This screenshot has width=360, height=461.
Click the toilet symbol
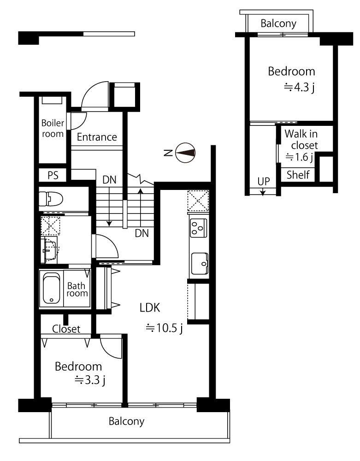51,199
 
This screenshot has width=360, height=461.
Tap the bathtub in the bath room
52,289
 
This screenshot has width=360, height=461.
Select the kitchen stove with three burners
198,228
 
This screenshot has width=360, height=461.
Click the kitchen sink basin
200,263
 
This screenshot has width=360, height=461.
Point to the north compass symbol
185,153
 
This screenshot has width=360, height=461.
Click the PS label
53,176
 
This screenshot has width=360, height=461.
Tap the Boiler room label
53,128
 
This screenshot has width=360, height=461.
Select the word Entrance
97,137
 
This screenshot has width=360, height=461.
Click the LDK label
150,308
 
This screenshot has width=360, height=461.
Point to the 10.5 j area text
165,328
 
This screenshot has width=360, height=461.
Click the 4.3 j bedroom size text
299,87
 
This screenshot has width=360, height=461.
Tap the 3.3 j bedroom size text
90,380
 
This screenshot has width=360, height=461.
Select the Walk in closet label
301,139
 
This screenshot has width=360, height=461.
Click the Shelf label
298,175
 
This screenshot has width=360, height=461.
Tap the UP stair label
264,181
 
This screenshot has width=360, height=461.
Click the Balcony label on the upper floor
278,23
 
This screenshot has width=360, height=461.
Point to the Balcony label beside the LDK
126,421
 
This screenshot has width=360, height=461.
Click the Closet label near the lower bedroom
66,329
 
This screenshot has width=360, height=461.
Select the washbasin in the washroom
49,250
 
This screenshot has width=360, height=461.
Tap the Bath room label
77,290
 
